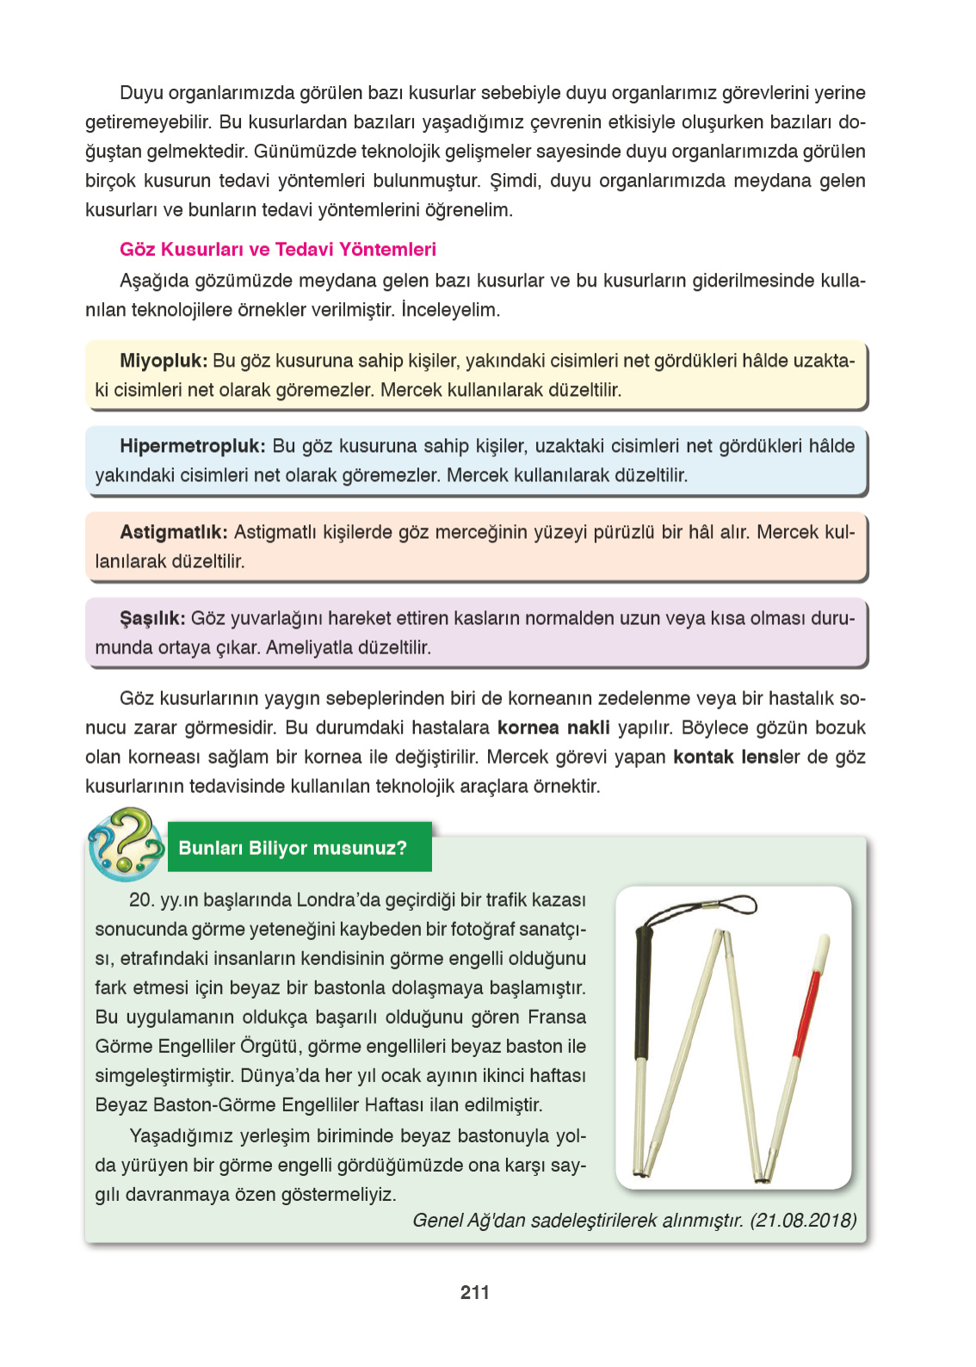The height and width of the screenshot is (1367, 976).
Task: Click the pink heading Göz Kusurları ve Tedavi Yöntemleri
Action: [277, 250]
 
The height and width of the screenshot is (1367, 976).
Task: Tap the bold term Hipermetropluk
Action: [192, 446]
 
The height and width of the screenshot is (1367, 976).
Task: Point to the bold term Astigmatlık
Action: [173, 532]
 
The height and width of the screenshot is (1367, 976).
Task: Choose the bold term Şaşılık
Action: [151, 618]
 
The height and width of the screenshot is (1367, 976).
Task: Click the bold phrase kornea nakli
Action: [553, 728]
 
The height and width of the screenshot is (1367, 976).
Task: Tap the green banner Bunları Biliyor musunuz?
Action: [293, 848]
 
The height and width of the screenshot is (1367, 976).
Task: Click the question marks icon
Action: [126, 843]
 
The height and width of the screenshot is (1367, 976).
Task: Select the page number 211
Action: [474, 1292]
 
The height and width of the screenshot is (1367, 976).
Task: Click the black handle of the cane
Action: [643, 990]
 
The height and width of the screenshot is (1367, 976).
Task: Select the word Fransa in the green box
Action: [556, 1018]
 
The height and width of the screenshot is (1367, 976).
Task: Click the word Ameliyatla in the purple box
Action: [305, 647]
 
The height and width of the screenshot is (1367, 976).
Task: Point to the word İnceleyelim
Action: [450, 310]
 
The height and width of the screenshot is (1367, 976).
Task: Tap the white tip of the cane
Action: [822, 949]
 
